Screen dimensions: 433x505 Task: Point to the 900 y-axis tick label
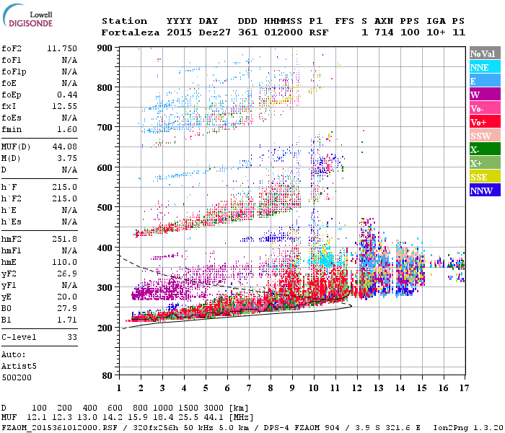[106, 48]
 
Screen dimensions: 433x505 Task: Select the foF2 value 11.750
[63, 48]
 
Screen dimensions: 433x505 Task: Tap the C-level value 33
[72, 337]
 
